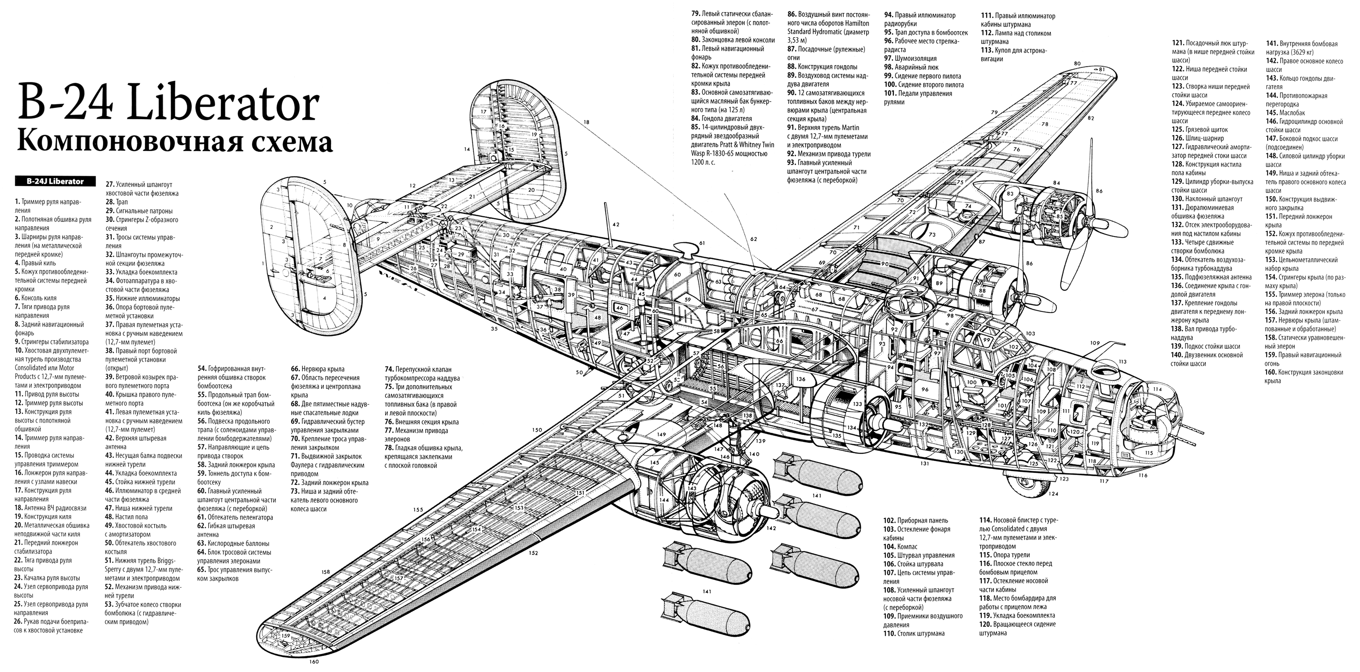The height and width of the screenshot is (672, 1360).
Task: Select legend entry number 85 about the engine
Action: click(x=728, y=144)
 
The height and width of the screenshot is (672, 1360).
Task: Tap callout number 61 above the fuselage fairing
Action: click(x=702, y=243)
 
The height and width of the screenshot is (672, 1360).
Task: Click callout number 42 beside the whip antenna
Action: click(x=615, y=225)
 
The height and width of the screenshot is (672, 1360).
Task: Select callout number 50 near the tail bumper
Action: click(x=579, y=373)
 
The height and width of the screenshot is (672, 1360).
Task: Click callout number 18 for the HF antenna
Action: click(x=586, y=122)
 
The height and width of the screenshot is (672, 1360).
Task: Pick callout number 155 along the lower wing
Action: click(x=418, y=510)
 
